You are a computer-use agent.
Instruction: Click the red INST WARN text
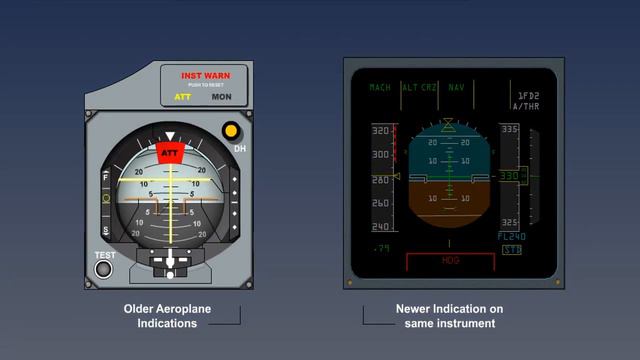coord(205,76)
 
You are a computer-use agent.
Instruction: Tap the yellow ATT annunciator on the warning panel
coord(183,97)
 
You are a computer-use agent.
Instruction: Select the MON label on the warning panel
coord(221,97)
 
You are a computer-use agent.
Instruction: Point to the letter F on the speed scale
coord(105,177)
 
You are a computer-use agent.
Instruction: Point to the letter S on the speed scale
coord(105,231)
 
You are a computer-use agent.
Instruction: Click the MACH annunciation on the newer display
coord(380,88)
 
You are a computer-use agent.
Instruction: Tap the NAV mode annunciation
coord(457,88)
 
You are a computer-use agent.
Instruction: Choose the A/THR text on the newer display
coord(524,105)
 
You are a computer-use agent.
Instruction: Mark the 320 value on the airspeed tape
coord(380,131)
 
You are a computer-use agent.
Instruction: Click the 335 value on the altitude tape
coord(510,129)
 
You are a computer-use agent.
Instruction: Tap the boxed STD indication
coord(511,249)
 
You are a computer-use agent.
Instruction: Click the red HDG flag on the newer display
coord(450,260)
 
